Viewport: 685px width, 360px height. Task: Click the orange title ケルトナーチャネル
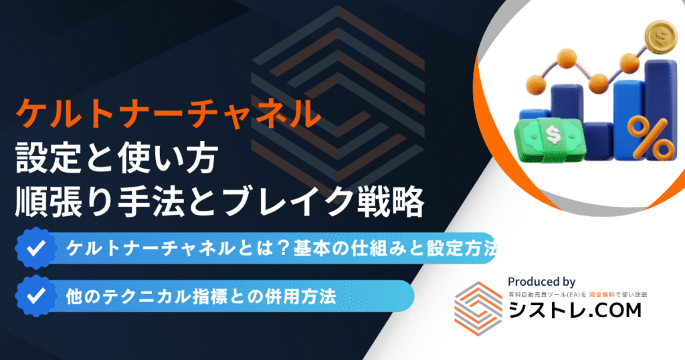168,113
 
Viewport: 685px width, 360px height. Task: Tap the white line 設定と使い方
116,158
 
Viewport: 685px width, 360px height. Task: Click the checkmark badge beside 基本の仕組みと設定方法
36,248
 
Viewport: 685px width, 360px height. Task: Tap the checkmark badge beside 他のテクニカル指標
36,296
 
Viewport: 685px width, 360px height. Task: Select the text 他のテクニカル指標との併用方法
201,296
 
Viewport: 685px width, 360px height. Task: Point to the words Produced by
541,282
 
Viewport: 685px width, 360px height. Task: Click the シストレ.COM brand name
575,310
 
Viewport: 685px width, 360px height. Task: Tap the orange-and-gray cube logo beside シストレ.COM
478,308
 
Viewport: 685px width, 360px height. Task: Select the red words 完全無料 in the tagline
601,295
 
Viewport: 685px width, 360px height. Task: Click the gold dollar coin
661,37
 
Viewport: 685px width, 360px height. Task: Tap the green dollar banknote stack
549,139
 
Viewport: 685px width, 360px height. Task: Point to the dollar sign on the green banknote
553,134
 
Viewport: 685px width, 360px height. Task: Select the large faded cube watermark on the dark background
338,94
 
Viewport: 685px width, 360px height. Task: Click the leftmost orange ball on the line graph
536,84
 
